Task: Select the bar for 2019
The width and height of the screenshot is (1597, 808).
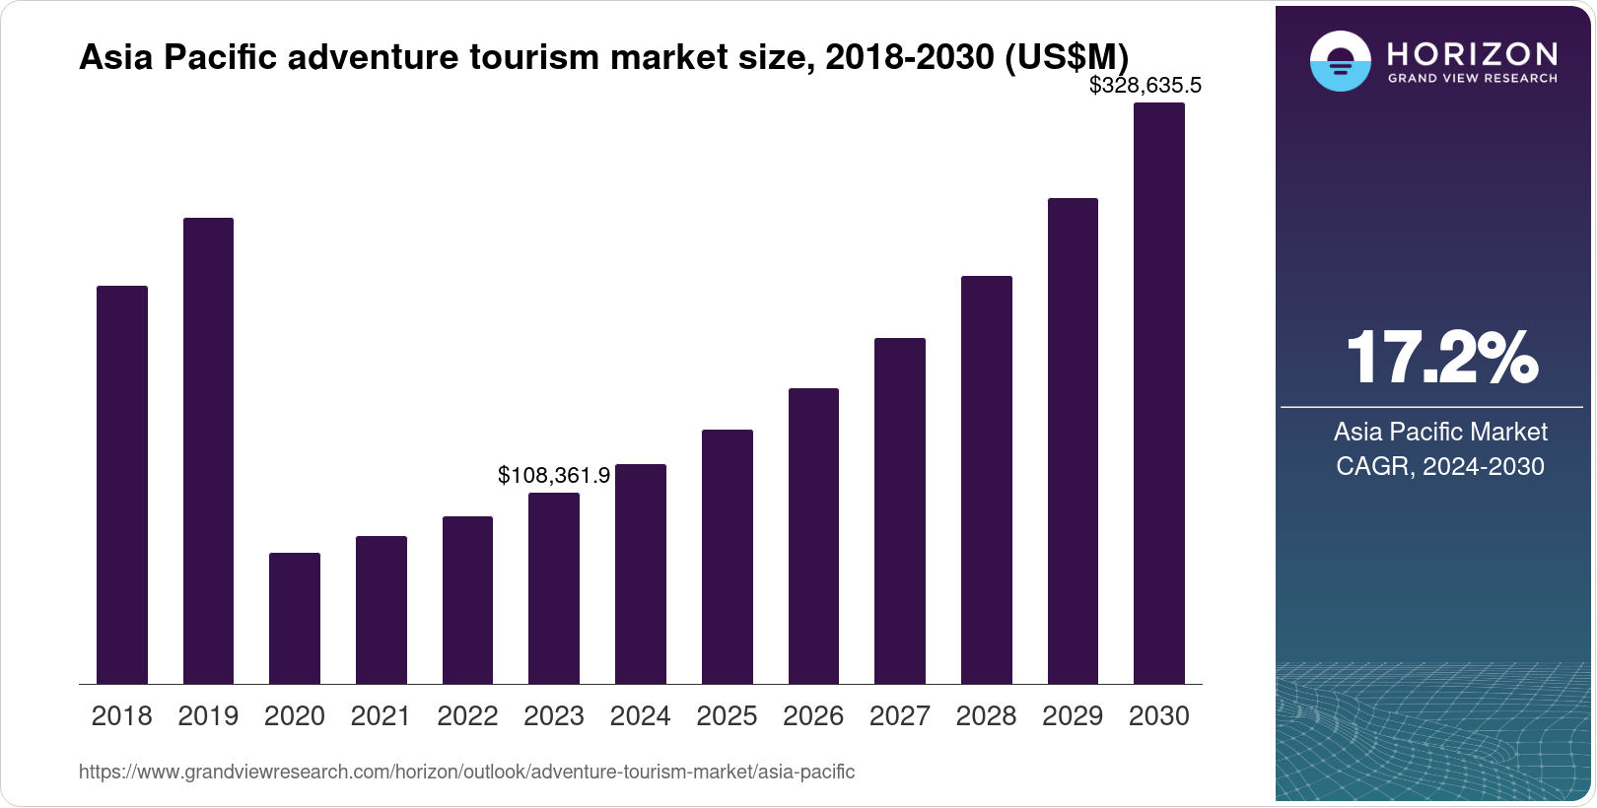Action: (208, 450)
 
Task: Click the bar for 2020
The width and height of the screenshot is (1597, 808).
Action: (295, 618)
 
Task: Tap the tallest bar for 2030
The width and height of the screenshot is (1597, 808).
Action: (1158, 393)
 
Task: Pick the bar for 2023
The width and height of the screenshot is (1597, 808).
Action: (554, 588)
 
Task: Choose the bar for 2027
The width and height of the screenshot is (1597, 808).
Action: (899, 510)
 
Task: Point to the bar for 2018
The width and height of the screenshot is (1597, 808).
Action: (122, 485)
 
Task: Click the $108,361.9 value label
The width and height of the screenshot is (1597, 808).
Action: (553, 476)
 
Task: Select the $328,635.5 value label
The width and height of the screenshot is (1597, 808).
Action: (1145, 86)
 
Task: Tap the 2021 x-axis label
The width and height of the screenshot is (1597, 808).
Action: (381, 716)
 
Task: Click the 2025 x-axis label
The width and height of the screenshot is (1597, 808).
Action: (727, 716)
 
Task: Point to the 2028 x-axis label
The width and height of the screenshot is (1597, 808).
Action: (986, 716)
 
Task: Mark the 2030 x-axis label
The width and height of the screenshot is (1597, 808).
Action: (1158, 716)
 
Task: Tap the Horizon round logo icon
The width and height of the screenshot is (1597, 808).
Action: (1340, 62)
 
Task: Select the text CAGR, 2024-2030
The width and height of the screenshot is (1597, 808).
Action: (1439, 466)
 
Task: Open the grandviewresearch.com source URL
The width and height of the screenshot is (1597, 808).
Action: (466, 772)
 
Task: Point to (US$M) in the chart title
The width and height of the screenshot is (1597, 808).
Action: (1066, 57)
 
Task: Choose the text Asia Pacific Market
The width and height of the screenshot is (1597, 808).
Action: (1439, 432)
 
